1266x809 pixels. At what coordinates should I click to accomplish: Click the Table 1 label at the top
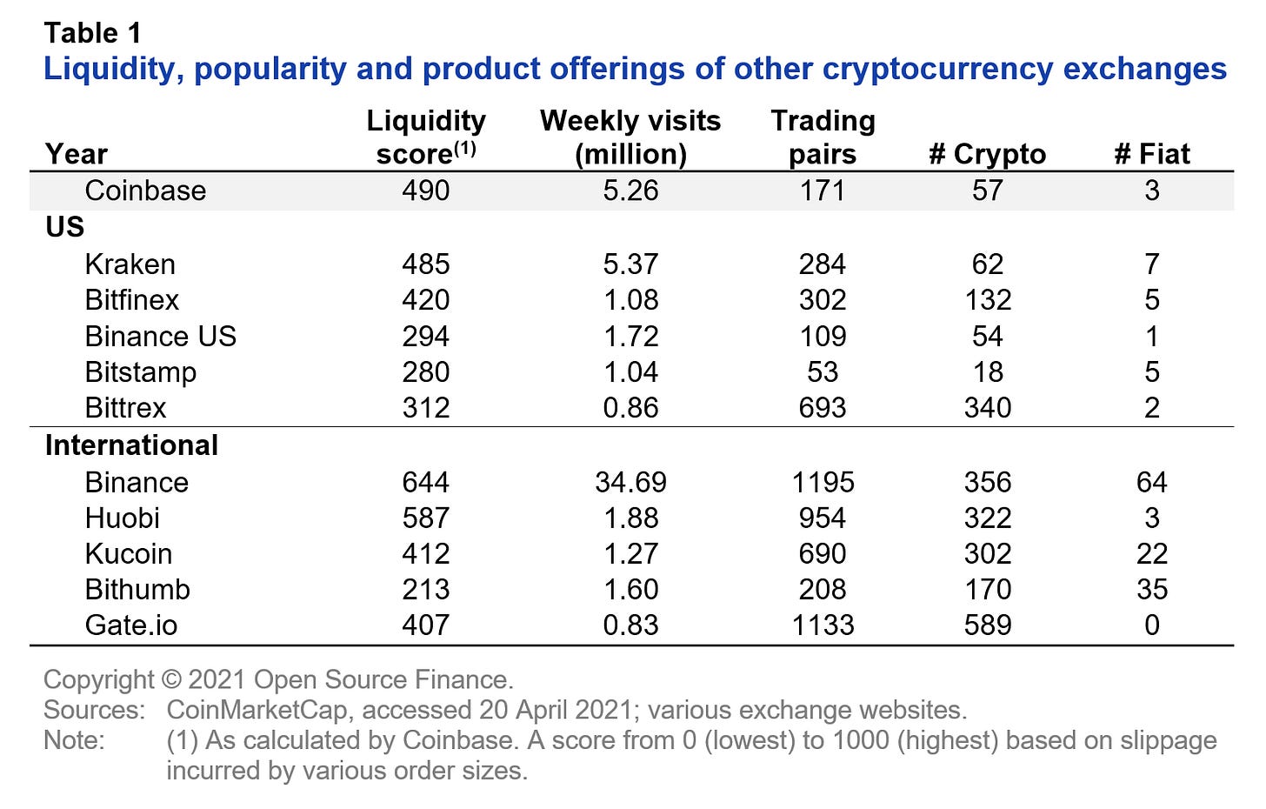(x=92, y=33)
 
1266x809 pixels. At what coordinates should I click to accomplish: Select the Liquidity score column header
(x=426, y=137)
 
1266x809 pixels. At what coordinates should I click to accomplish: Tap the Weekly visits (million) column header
(x=630, y=137)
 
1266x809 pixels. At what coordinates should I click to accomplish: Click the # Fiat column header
(x=1151, y=154)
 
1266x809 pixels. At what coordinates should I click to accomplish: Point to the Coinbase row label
(x=145, y=191)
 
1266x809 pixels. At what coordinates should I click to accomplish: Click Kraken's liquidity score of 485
(x=426, y=264)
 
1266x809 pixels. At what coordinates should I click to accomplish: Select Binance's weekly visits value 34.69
(x=630, y=482)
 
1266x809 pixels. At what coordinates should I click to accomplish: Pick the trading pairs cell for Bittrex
(x=822, y=407)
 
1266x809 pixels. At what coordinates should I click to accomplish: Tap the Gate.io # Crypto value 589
(x=988, y=625)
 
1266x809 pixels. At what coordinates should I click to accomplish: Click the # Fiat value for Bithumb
(x=1151, y=589)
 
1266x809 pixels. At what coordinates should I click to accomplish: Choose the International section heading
(x=131, y=445)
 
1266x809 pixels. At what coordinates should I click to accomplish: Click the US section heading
(x=65, y=227)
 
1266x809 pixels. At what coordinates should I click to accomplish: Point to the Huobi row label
(x=123, y=518)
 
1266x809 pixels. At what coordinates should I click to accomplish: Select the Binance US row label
(x=161, y=336)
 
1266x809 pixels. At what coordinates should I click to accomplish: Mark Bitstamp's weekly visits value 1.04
(x=630, y=371)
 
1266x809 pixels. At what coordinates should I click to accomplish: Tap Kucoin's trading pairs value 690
(x=822, y=553)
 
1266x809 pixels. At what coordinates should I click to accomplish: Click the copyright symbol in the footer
(x=170, y=679)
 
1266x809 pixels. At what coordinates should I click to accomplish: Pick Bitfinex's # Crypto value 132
(x=988, y=300)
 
